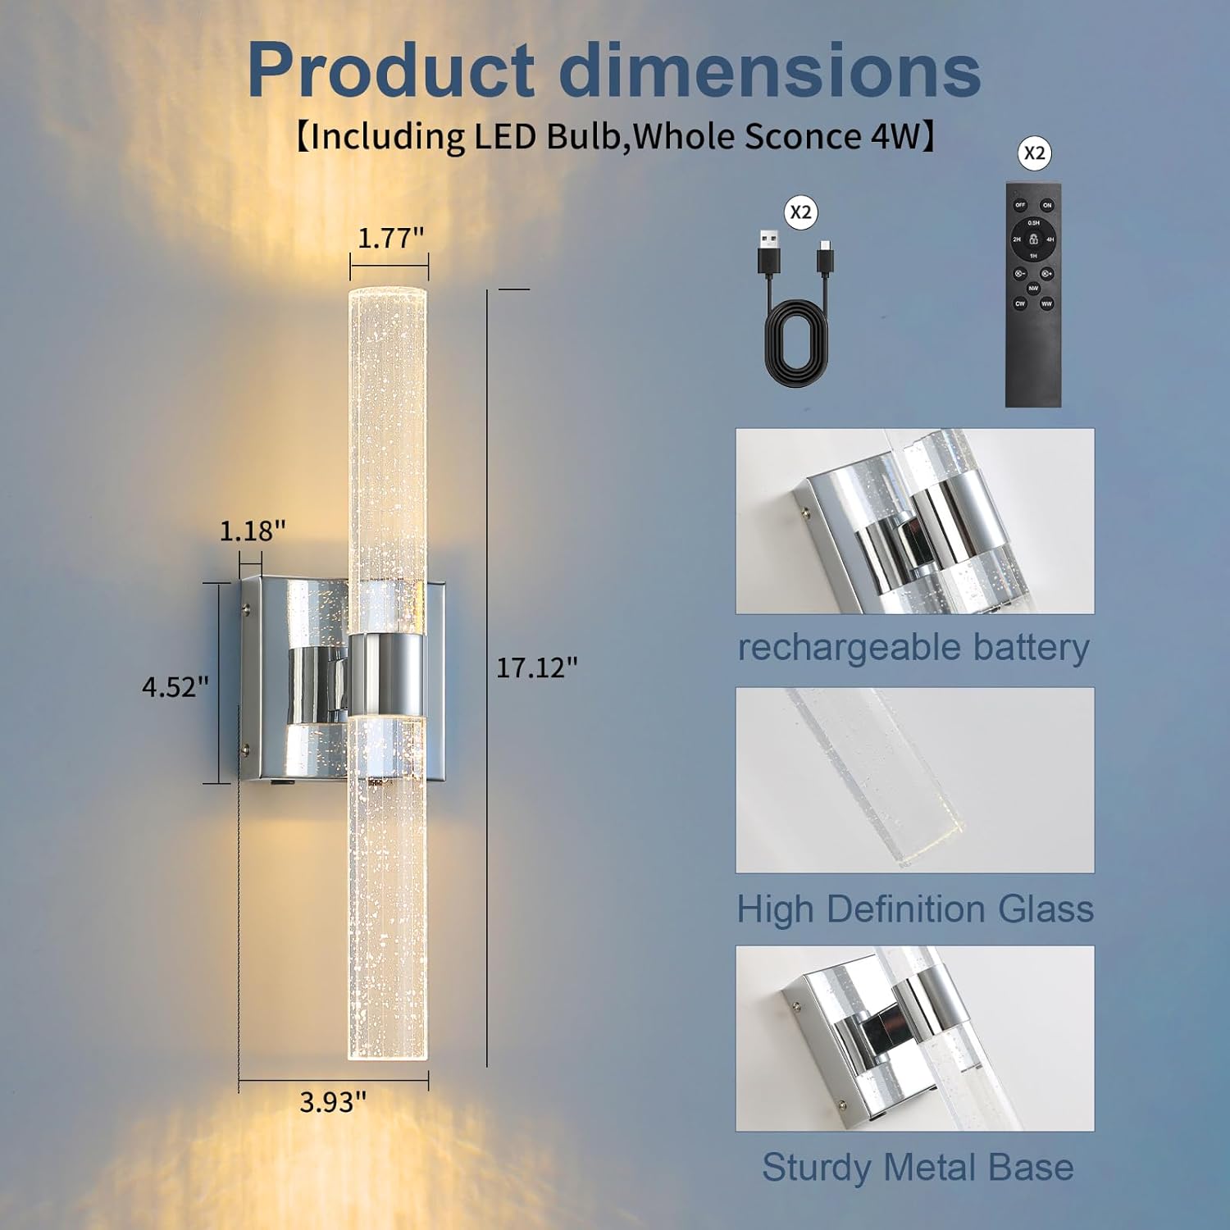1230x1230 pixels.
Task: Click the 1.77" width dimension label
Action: [390, 239]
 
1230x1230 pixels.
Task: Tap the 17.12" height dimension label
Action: [536, 668]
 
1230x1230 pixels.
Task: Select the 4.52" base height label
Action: [175, 686]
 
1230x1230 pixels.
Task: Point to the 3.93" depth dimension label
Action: [332, 1102]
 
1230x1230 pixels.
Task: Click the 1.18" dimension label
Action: [252, 531]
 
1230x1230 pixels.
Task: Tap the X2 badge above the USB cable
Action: [800, 212]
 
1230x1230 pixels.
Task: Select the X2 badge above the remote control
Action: [1035, 153]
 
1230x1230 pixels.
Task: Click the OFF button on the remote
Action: [1020, 205]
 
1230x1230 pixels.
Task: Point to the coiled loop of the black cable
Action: [796, 344]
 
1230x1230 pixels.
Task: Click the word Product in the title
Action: [390, 71]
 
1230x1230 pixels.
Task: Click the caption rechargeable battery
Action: [913, 647]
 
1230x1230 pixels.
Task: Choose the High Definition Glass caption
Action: [915, 909]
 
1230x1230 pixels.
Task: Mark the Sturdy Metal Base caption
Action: [917, 1167]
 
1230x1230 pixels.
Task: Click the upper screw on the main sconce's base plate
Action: [246, 608]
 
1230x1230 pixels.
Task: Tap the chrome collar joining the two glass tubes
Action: [388, 674]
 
